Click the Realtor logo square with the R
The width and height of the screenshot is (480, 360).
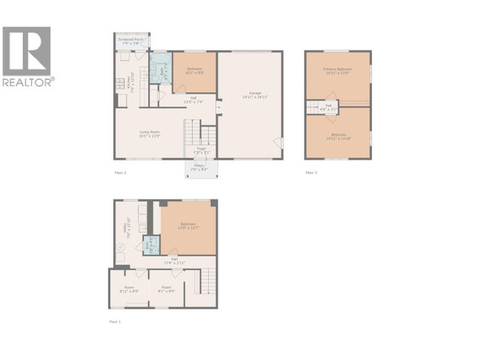tap(26, 50)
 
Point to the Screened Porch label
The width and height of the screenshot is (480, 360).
tap(132, 40)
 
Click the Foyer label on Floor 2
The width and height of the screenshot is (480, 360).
tap(201, 151)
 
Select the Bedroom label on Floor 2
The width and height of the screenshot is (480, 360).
tap(194, 73)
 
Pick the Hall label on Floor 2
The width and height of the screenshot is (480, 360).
tap(193, 100)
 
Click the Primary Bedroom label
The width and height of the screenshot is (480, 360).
tap(337, 71)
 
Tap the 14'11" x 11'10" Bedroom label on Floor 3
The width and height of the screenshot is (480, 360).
tap(337, 136)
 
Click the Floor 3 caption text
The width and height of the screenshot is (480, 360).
tap(311, 172)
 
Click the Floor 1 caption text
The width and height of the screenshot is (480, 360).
tap(114, 321)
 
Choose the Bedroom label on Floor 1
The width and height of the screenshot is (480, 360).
tap(188, 226)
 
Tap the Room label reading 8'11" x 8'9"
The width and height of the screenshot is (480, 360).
tap(129, 289)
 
